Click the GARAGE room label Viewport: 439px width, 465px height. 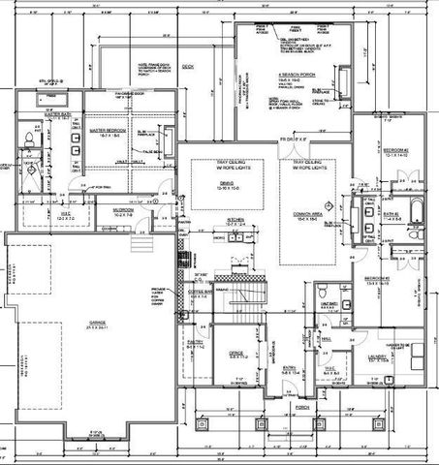coord(98,327)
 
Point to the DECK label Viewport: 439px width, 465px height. coord(187,66)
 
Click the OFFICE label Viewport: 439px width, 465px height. coord(235,353)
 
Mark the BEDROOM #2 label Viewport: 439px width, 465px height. coord(392,151)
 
